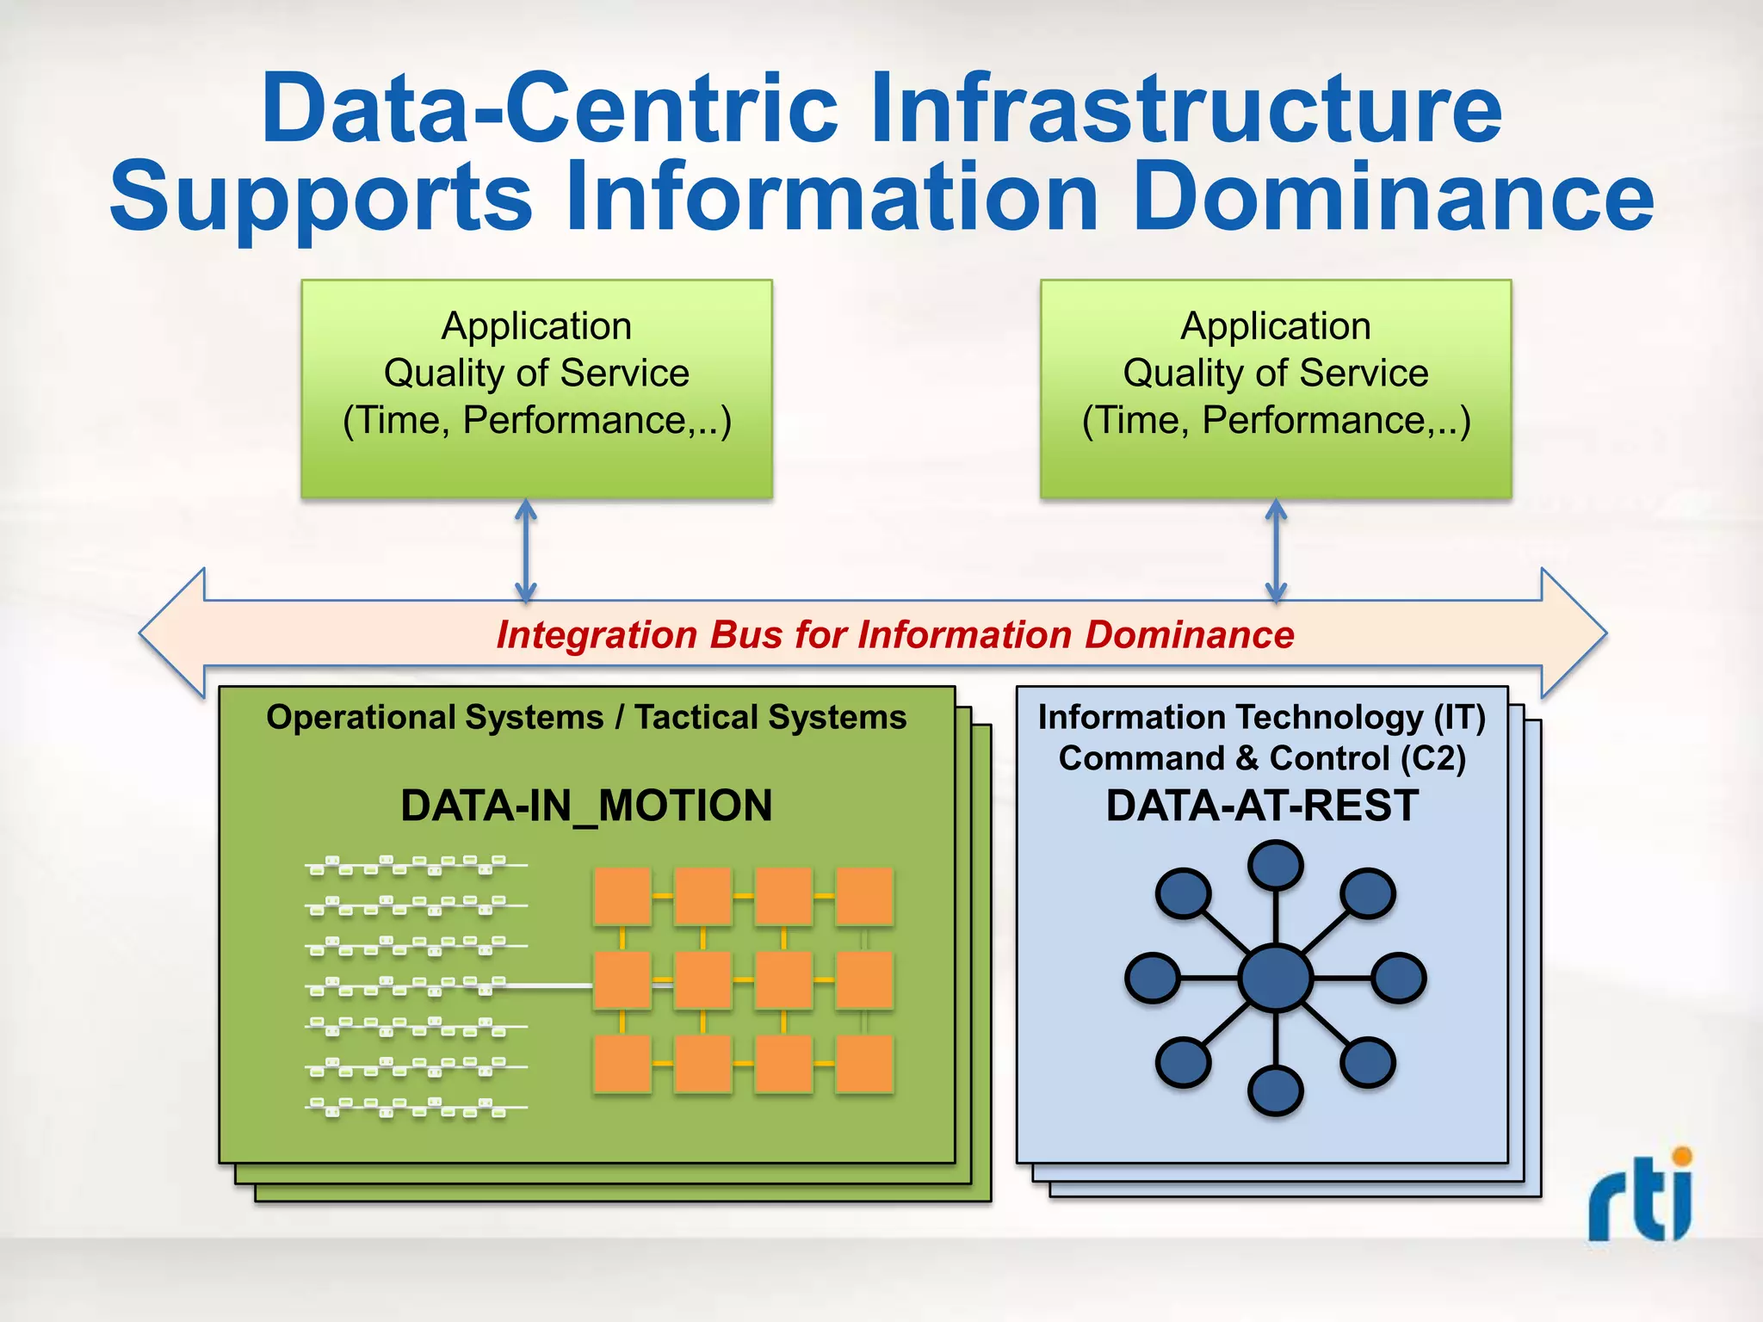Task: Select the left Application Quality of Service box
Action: point(536,387)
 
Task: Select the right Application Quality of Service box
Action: point(1276,387)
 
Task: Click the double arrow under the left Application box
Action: point(526,551)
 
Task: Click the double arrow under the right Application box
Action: point(1276,551)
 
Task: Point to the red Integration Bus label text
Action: point(895,635)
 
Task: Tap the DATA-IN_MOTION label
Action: point(586,806)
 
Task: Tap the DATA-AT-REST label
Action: point(1262,806)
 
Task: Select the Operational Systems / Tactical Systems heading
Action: point(586,717)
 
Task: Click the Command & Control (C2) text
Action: point(1262,758)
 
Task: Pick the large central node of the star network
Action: point(1275,978)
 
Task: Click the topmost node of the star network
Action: point(1275,865)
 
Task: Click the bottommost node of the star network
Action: point(1275,1090)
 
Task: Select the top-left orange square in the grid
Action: point(622,896)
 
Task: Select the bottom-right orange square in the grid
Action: point(864,1064)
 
